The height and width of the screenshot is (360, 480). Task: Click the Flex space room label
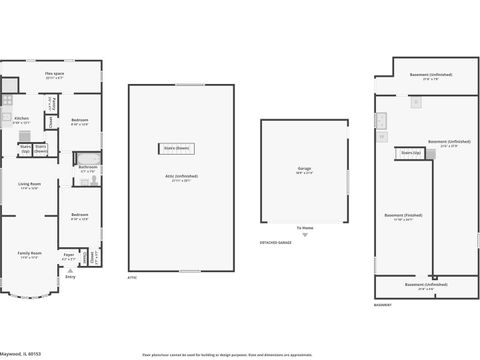[x=55, y=75]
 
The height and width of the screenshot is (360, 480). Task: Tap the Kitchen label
[x=21, y=120]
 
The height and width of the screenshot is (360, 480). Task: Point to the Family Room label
[x=29, y=255]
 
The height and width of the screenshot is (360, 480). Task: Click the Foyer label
[x=69, y=255]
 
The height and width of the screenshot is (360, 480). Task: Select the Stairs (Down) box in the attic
[x=176, y=149]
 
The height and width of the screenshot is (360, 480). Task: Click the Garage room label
[x=305, y=171]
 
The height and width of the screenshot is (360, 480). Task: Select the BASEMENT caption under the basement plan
[x=383, y=305]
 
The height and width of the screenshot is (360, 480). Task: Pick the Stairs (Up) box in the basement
[x=410, y=153]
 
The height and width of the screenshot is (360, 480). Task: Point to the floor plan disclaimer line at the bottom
[x=239, y=354]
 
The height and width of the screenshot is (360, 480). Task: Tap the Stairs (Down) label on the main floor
[x=41, y=149]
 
